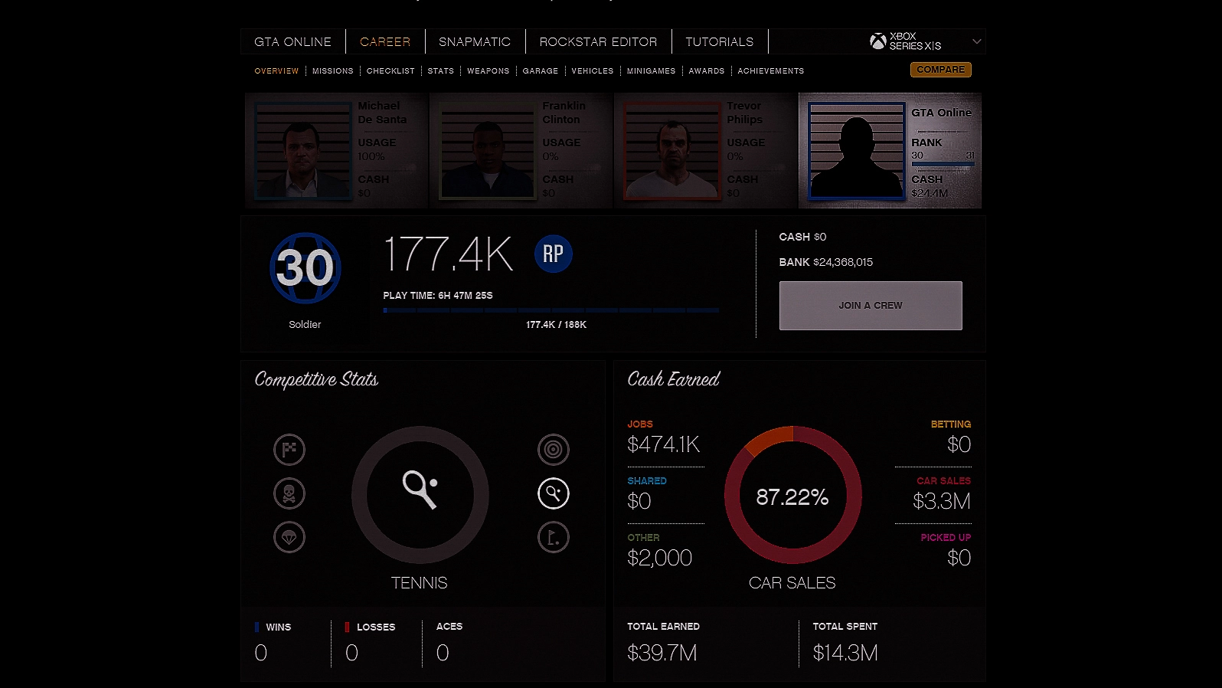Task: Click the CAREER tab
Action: (384, 42)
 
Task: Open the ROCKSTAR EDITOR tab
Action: (598, 42)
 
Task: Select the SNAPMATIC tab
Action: (474, 42)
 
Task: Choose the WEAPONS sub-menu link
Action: (488, 71)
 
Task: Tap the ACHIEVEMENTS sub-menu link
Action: (770, 71)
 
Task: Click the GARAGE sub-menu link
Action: (540, 71)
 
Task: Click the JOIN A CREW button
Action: (871, 306)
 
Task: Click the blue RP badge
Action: (553, 254)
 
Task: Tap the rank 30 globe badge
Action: (305, 268)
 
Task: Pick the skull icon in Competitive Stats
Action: (289, 493)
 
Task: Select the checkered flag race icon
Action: (289, 450)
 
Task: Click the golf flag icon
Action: (553, 537)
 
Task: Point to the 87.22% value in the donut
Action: (792, 497)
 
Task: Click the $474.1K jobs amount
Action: (663, 444)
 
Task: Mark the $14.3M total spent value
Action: (845, 653)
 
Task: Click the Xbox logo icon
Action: (877, 41)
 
